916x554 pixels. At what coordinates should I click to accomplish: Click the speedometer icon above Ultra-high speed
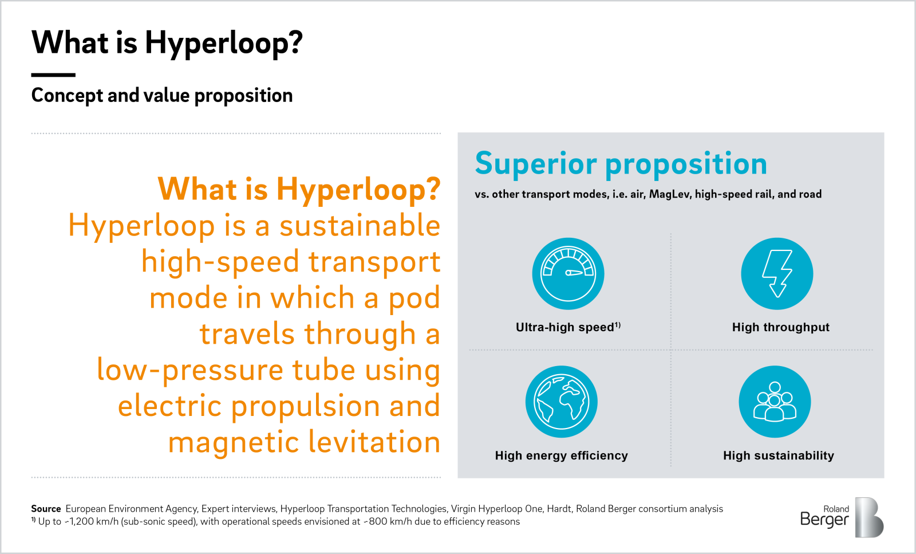coord(568,274)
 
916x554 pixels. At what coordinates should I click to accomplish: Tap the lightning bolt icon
coord(777,274)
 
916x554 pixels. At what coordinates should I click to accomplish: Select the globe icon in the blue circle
coord(561,402)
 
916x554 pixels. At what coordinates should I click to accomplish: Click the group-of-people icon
coord(775,402)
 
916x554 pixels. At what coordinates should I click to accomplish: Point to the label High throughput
coord(780,327)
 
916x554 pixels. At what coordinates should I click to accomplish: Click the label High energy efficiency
coord(561,455)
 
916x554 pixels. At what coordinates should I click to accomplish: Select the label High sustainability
coord(778,455)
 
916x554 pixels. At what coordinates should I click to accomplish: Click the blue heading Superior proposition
coord(621,164)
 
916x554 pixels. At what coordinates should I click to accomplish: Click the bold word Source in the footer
coord(46,509)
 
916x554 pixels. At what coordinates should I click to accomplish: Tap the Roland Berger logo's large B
coord(868,517)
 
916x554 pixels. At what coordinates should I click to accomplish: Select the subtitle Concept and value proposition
coord(162,95)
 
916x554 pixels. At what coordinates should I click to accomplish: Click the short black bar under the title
coord(53,74)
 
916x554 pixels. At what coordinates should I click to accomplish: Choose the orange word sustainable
coord(360,226)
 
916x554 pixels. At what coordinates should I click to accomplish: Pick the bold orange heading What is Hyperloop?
coord(299,189)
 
